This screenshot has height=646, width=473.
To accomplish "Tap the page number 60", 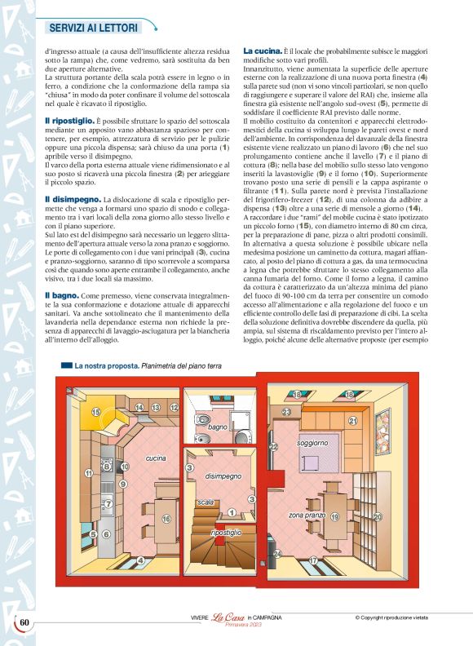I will (x=24, y=622).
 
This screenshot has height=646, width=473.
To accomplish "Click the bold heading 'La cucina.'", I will (x=263, y=51).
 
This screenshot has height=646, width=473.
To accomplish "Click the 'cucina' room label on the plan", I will (x=156, y=458).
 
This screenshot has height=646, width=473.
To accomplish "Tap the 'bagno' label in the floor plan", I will (x=218, y=427).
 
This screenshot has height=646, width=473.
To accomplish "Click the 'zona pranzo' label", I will (x=307, y=515).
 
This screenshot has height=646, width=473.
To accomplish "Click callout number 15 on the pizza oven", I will (x=95, y=413).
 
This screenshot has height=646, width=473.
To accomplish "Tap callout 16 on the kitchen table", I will (x=166, y=518).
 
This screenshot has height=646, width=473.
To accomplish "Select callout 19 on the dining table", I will (x=334, y=518).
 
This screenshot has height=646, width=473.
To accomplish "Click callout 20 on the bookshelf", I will (x=377, y=517).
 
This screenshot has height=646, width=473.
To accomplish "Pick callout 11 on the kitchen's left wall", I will (x=88, y=473).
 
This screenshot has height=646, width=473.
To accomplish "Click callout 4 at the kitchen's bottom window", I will (x=140, y=560).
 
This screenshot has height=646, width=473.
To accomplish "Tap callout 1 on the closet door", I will (x=232, y=512).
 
